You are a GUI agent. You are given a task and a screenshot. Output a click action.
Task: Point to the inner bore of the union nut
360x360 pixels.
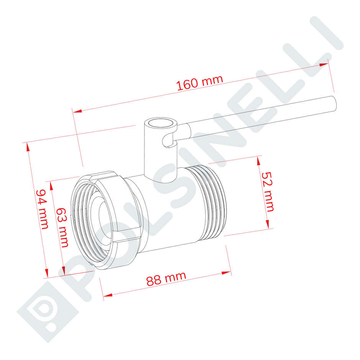[x=100, y=214]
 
